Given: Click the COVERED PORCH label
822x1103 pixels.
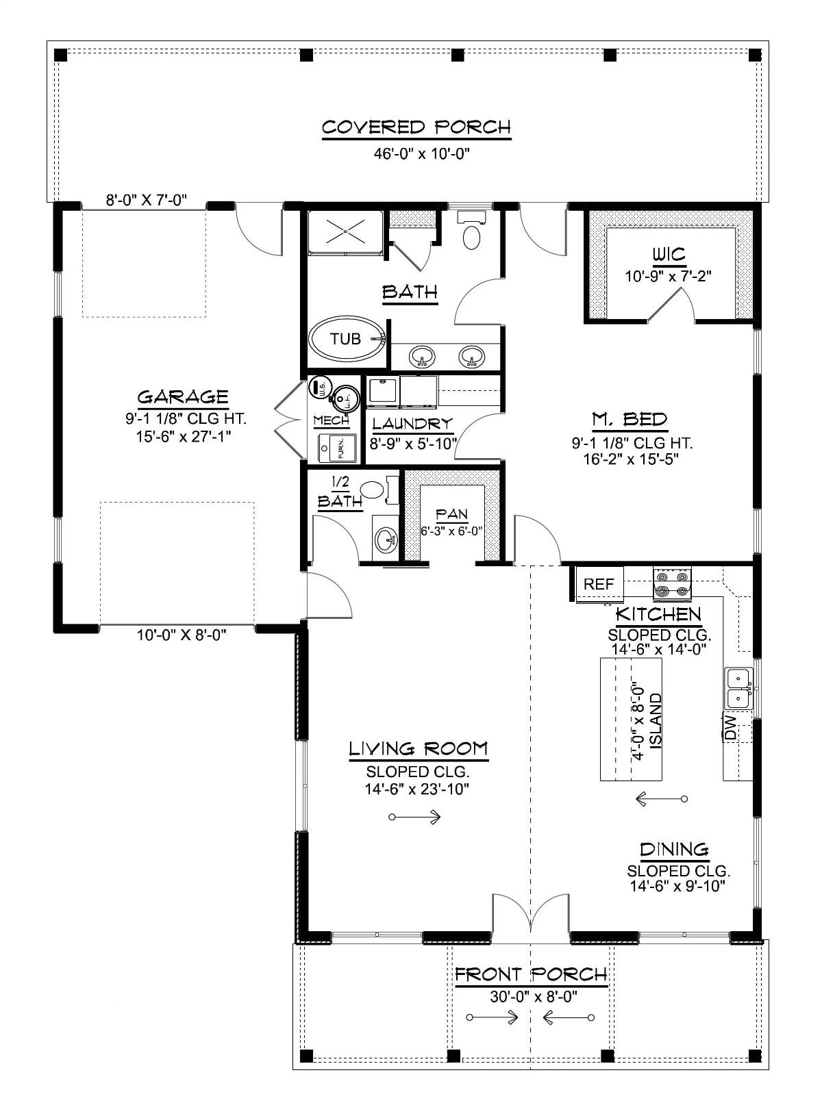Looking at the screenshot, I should click(x=416, y=127).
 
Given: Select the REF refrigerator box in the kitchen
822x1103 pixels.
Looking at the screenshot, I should click(x=599, y=584).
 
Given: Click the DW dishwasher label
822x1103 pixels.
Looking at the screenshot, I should click(x=730, y=727).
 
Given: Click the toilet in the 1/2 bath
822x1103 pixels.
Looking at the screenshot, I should click(x=372, y=490).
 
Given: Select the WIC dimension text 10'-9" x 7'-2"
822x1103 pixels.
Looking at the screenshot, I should click(x=668, y=277).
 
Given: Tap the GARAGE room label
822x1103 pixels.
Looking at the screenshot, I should click(x=183, y=397).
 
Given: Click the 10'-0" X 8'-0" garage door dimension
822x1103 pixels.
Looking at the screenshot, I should click(x=182, y=635).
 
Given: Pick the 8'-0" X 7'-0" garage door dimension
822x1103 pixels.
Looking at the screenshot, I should click(x=146, y=201).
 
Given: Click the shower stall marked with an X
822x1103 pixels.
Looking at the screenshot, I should click(x=345, y=233).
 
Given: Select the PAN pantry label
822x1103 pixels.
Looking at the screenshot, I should click(x=451, y=514).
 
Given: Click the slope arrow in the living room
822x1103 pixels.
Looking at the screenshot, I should click(x=414, y=817).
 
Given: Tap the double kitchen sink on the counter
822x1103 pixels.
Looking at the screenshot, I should click(x=738, y=689).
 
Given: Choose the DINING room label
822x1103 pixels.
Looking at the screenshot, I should click(x=674, y=850).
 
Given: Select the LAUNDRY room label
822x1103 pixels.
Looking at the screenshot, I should click(x=412, y=424).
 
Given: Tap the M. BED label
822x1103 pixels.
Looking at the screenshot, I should click(x=629, y=419).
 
